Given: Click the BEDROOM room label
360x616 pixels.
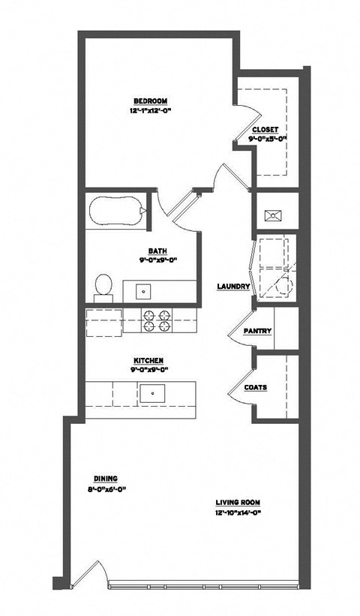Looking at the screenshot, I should pos(150,101).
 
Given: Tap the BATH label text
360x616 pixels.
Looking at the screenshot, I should pos(157,252).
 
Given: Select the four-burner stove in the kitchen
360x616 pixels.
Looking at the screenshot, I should pos(157,320).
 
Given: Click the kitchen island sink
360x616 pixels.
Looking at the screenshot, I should pos(152,392).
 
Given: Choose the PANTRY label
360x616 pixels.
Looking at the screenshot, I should pos(257,332).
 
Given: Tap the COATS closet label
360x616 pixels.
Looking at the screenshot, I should pos(255,387).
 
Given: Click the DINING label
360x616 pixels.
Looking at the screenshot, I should pos(106,479).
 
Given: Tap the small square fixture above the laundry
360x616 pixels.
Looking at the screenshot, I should pos(274,215).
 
